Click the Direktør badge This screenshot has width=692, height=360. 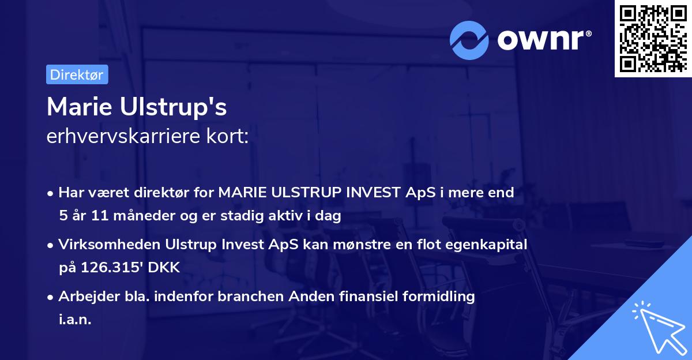(x=77, y=74)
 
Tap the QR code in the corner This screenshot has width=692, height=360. (x=652, y=39)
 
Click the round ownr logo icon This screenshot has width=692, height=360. (x=469, y=40)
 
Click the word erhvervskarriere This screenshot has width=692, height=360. (x=122, y=136)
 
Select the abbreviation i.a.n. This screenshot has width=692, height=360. (x=74, y=320)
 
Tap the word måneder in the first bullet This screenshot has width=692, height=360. (x=128, y=216)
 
